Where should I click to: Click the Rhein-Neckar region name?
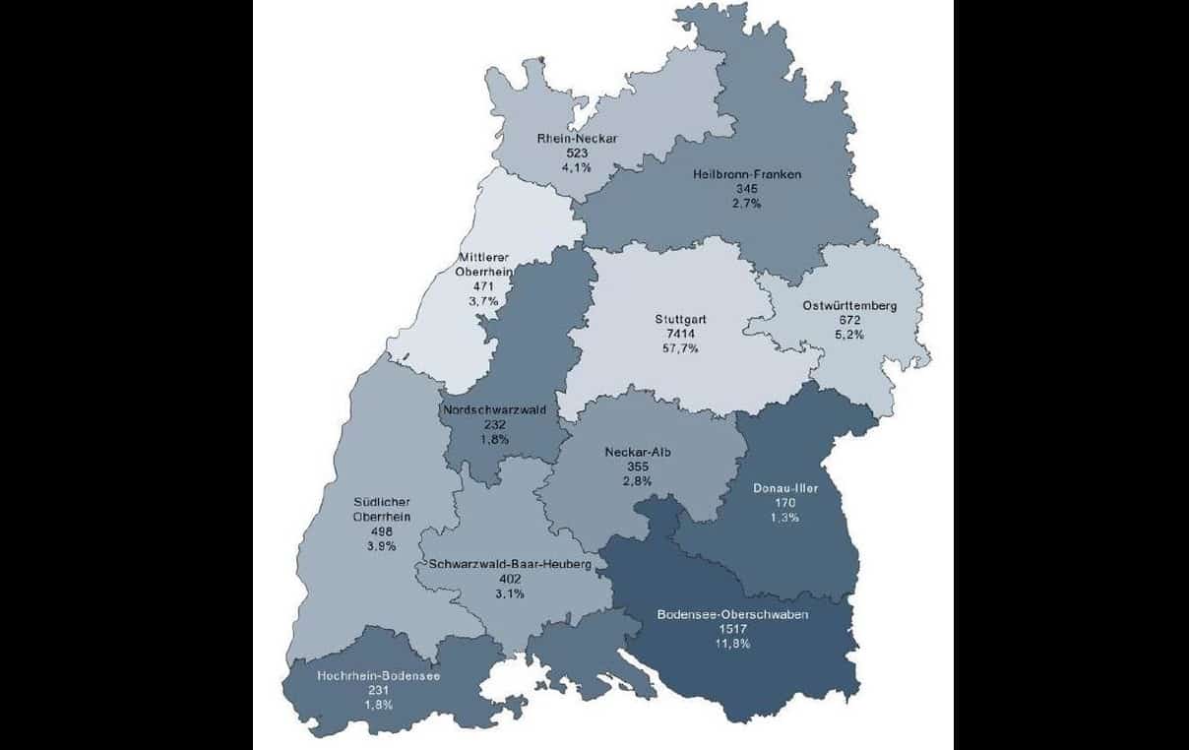[577, 139]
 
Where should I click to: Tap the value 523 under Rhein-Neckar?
[577, 154]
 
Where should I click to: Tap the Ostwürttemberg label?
[849, 305]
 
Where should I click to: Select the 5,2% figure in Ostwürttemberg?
[849, 335]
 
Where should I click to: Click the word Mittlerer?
[482, 258]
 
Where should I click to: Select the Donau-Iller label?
[785, 487]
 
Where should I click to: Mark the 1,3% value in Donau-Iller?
[785, 517]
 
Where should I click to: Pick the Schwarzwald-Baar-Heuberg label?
[510, 565]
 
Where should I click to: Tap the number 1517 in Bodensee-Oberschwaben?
[733, 629]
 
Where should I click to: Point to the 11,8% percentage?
[733, 644]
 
